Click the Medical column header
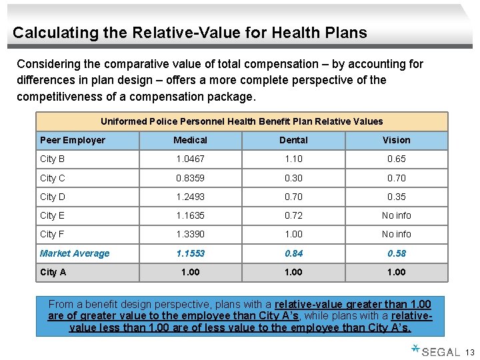tap(190, 140)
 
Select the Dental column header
tap(293, 140)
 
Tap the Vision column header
tap(396, 140)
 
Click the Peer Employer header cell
tap(73, 140)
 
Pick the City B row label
tap(53, 159)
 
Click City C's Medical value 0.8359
tap(190, 178)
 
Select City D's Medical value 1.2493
tap(190, 197)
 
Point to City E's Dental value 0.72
tap(293, 215)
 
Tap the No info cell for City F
tap(396, 234)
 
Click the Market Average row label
tap(75, 253)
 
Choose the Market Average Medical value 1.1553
tap(190, 253)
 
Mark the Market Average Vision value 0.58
tap(396, 253)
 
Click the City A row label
tap(53, 272)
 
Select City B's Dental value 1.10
tap(293, 159)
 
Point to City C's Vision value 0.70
tap(396, 178)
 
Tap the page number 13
tap(469, 352)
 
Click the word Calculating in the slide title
tap(47, 33)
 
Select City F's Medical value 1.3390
tap(190, 234)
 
